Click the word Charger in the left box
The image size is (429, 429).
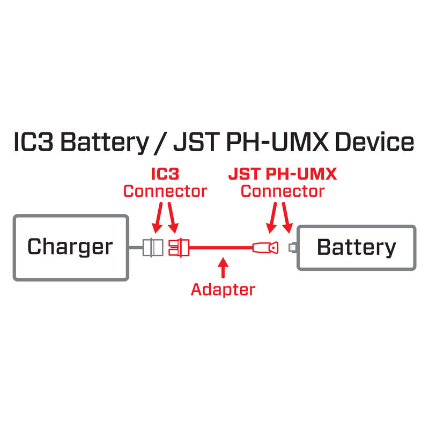coord(70,247)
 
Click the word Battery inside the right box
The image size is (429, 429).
coord(357,247)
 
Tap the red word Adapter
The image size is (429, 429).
coord(223,290)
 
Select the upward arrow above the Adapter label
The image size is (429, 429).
coord(224,267)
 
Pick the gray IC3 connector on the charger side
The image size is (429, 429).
coord(153,248)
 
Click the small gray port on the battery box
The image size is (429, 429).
coord(293,248)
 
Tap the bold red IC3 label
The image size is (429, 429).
coord(165,175)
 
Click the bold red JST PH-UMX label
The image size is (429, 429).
coord(283,175)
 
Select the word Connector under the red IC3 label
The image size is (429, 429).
coord(165,191)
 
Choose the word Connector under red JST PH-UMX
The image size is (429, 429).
coord(283,191)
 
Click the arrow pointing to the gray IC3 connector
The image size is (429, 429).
coord(157,217)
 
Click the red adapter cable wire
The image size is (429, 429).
coord(220,248)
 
